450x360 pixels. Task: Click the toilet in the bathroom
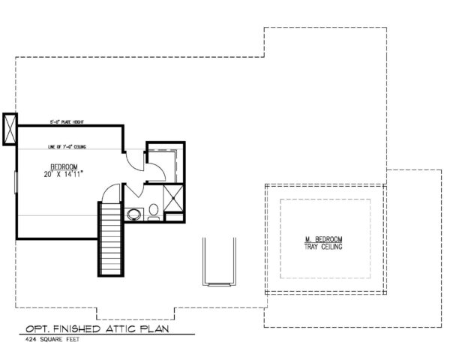tap(153, 211)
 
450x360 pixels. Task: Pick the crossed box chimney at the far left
tap(10, 129)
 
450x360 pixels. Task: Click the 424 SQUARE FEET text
tap(49, 341)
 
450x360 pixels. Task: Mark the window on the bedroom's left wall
tap(16, 184)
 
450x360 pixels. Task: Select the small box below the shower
tap(173, 217)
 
